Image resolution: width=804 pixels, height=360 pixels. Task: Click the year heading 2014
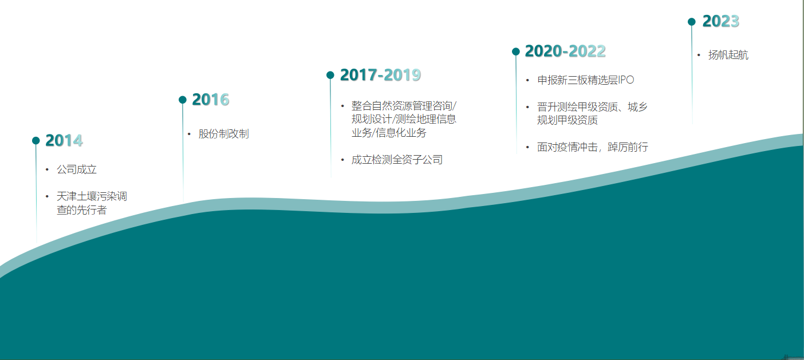click(x=64, y=140)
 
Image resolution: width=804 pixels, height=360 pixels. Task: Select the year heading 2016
click(x=210, y=100)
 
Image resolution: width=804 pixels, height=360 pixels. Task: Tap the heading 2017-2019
click(x=380, y=75)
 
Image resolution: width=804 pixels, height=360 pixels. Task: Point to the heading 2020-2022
click(x=565, y=52)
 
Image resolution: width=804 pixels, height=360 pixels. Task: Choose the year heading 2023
click(x=721, y=21)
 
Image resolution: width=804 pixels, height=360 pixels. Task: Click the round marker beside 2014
click(x=36, y=141)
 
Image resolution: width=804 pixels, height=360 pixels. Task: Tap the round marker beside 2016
click(x=183, y=100)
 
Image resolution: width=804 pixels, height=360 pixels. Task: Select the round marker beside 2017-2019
click(x=330, y=75)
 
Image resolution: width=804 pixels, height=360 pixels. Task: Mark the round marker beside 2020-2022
click(x=516, y=52)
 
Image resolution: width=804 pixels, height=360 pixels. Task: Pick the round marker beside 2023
click(x=692, y=22)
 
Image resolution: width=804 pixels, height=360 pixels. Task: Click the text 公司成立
click(x=77, y=169)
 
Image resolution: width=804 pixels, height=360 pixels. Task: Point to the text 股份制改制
click(x=223, y=134)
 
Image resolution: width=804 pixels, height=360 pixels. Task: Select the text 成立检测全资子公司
click(x=397, y=160)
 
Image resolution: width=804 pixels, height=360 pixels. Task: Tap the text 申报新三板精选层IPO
click(x=586, y=80)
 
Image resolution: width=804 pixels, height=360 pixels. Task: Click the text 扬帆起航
click(x=728, y=55)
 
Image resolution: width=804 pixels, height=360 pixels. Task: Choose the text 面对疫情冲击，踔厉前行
click(x=593, y=147)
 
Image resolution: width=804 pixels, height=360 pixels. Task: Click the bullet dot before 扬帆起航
click(x=699, y=55)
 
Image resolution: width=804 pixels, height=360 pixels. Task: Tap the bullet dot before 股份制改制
click(x=189, y=134)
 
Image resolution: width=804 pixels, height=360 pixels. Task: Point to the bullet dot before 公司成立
click(x=47, y=169)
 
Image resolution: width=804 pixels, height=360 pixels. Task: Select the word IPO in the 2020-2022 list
click(x=626, y=80)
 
